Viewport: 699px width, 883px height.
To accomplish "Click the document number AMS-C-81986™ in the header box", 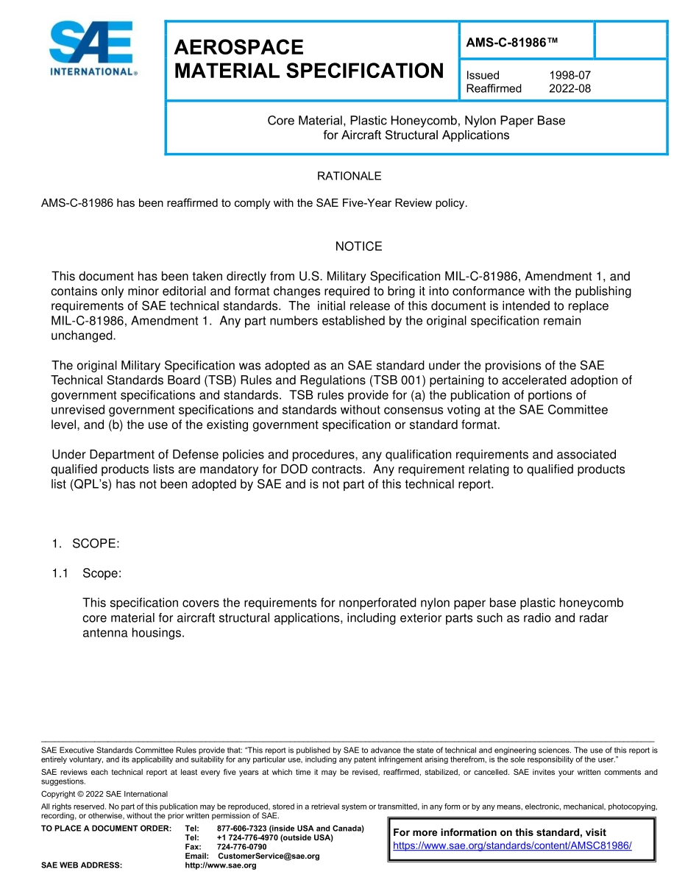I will click(512, 43).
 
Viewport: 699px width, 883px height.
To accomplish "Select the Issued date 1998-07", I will click(570, 75).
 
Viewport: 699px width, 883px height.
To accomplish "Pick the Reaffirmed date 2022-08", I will click(570, 88).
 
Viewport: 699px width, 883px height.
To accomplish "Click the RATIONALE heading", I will click(349, 176).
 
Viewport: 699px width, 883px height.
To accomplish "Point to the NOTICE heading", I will click(358, 247).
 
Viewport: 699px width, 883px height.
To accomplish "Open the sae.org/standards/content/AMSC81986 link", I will click(512, 845).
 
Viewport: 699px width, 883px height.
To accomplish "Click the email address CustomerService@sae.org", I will click(269, 856).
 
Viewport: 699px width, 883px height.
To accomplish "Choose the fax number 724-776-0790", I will click(241, 847).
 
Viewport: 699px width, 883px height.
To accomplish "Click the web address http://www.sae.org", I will click(220, 865).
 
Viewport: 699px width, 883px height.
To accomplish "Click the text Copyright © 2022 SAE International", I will click(104, 794).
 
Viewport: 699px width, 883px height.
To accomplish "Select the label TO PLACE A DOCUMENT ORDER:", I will click(106, 829).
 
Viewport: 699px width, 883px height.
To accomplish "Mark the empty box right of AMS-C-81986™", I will click(630, 40).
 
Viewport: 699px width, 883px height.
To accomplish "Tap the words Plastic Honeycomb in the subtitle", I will click(405, 121).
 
